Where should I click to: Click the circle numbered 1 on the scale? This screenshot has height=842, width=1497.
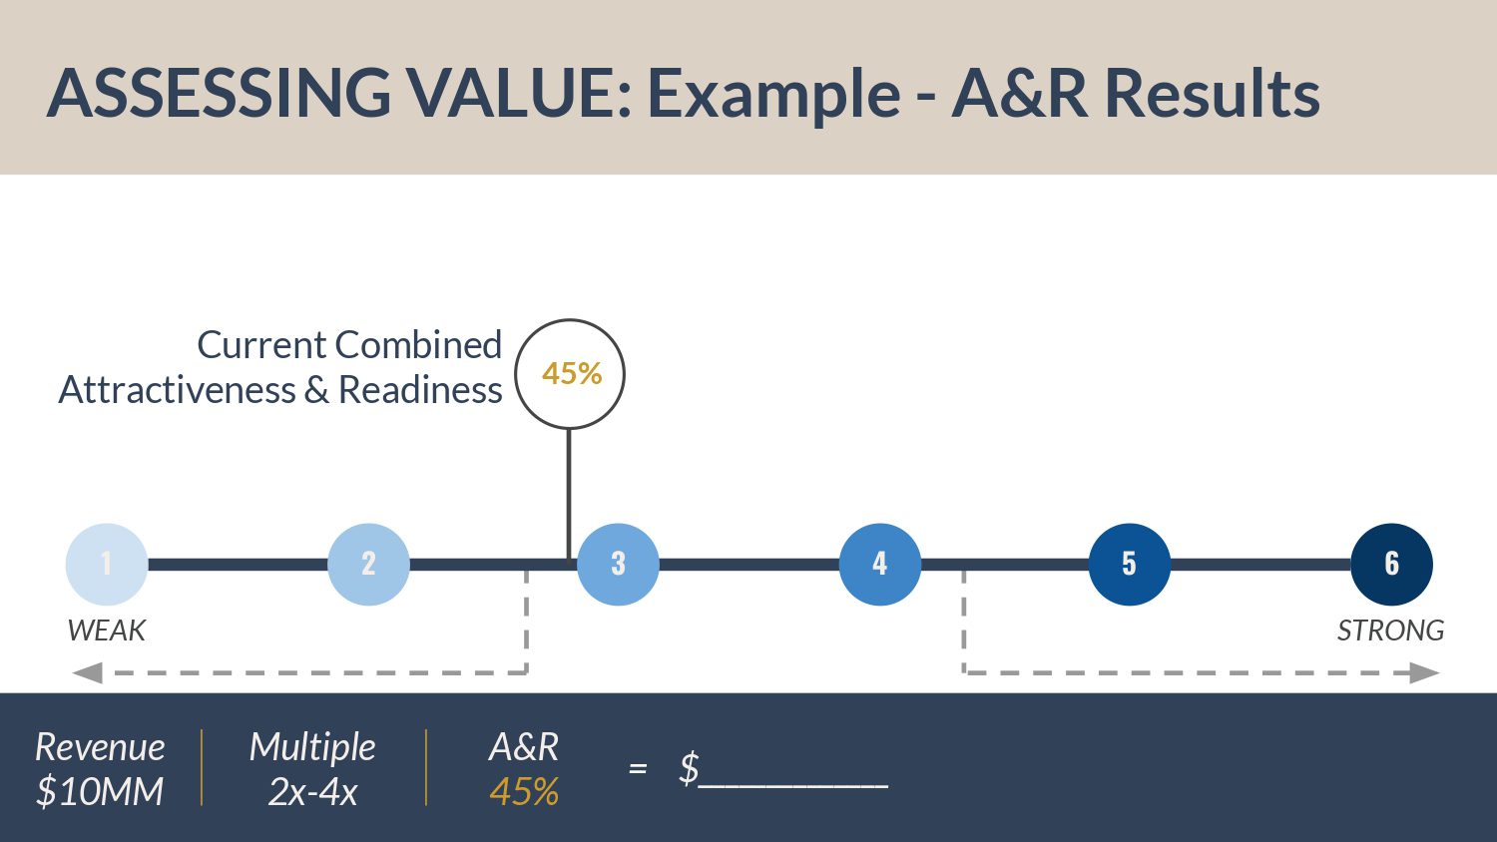point(107,564)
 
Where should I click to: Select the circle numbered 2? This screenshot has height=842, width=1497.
point(368,564)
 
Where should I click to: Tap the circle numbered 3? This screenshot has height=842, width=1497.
point(618,564)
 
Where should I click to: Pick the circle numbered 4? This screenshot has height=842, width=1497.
point(879,564)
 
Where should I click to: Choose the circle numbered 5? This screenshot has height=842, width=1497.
point(1129,564)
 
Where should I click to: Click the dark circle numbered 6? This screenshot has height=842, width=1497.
point(1391,564)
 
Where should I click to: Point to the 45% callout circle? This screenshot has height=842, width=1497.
point(570,374)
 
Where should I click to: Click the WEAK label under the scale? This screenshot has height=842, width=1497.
point(106,631)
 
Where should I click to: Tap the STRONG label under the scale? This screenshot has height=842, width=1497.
point(1390,631)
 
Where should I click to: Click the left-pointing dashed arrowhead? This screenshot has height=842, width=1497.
point(88,673)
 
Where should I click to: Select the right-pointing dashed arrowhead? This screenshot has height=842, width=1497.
point(1424,673)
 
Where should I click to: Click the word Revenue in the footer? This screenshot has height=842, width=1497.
point(100,747)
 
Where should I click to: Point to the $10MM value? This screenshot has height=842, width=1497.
point(100,792)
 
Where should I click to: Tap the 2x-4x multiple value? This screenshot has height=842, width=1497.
point(312,792)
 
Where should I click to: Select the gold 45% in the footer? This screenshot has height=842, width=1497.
point(524,792)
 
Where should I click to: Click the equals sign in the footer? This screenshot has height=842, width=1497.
point(638,769)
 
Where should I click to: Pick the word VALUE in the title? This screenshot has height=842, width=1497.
point(518,93)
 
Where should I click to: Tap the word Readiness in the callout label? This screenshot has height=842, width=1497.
point(420,390)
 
